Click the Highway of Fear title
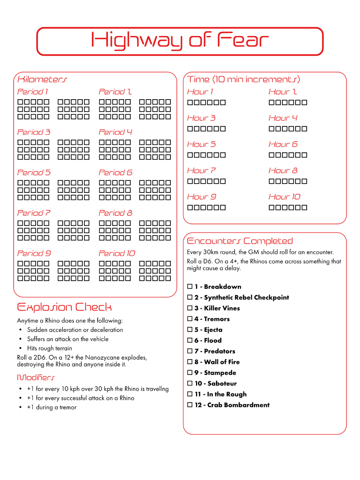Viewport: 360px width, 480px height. [180, 41]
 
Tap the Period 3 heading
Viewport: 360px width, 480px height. [34, 132]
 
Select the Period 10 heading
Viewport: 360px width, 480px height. [117, 253]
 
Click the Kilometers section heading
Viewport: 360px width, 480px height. [42, 79]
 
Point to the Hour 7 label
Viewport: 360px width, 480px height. [201, 170]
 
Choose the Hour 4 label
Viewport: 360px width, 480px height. [283, 118]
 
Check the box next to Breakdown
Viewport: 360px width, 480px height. [190, 287]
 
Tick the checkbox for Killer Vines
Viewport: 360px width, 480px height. [190, 308]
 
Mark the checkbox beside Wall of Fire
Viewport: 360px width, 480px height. [190, 362]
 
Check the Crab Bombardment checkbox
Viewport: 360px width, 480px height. [190, 405]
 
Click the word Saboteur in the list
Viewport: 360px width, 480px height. [222, 384]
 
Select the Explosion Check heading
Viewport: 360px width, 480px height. [64, 307]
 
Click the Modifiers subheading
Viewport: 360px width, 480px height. [36, 377]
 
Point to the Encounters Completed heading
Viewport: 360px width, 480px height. [240, 241]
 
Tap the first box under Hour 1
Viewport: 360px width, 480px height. [190, 103]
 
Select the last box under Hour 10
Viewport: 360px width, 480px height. [304, 208]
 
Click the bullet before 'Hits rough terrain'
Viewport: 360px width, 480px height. [20, 348]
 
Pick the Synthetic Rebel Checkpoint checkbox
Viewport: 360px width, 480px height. [190, 298]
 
